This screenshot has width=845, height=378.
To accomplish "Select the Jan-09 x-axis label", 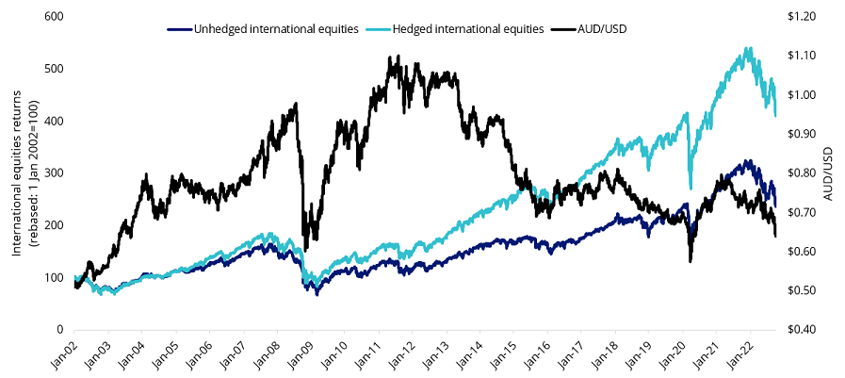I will click(296, 354).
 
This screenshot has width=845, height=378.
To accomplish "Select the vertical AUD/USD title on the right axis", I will click(830, 173).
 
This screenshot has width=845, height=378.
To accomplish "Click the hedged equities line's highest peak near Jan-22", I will click(748, 48).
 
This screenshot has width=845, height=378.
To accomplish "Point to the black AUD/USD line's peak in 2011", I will click(389, 58).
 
